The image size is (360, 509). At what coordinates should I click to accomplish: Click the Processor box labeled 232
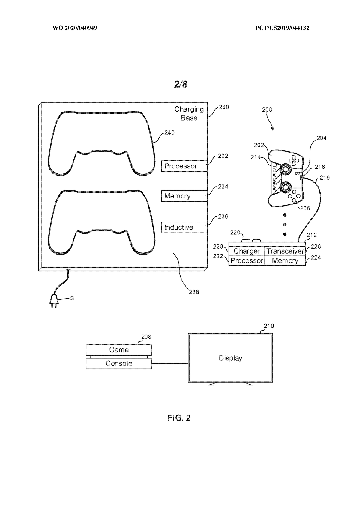coord(184,166)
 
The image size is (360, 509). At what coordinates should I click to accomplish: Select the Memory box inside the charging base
coord(184,196)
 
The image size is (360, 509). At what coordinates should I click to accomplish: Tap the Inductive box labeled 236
coord(184,227)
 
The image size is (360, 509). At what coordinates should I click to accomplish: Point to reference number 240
coord(169,132)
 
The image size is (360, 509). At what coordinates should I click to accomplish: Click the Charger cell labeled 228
coord(247,251)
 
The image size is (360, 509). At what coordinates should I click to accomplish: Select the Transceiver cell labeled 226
coord(285,251)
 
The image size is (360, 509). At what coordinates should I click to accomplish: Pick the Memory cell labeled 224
coord(285,261)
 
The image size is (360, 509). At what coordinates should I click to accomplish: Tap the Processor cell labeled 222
coord(247,261)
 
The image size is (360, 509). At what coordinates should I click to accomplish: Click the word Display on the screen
coord(230,358)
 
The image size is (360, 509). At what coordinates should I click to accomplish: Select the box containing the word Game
coord(119,350)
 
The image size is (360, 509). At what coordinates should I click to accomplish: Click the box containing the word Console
coord(119,363)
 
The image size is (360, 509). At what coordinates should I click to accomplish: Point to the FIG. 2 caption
coord(179,418)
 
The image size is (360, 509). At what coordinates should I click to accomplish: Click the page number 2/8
coord(181,84)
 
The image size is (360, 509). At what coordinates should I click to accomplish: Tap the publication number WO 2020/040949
coord(75,28)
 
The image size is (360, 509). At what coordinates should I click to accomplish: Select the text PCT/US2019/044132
coord(282,28)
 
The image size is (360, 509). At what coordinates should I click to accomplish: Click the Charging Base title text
coord(189,113)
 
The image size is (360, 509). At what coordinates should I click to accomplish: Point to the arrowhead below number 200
coord(272,129)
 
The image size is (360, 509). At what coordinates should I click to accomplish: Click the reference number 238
coord(194,292)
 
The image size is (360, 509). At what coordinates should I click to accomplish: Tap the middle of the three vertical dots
coord(285,225)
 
